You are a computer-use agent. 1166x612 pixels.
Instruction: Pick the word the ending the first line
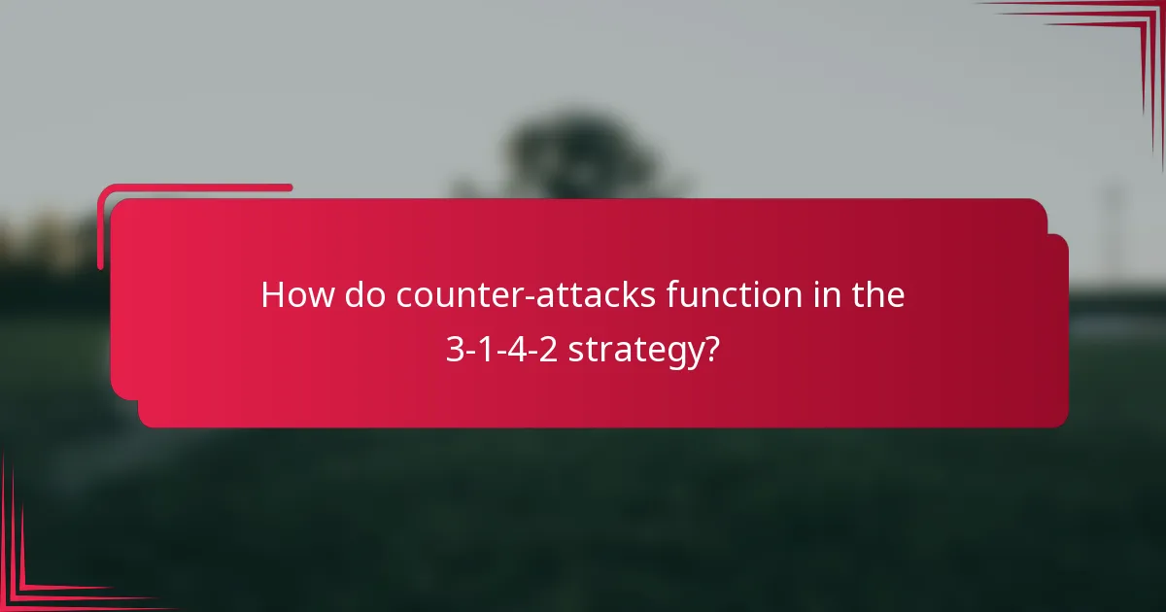tap(877, 295)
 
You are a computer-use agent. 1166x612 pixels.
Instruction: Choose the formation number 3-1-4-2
tap(501, 350)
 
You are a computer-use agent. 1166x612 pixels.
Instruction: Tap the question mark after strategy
tap(712, 350)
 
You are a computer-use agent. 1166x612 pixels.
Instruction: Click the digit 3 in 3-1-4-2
tap(454, 350)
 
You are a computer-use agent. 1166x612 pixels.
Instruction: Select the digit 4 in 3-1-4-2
tap(518, 350)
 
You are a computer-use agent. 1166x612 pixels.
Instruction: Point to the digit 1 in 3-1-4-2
tap(486, 350)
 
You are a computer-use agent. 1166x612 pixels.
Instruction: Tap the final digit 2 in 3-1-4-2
tap(550, 350)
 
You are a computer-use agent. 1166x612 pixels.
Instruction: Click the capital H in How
tap(274, 295)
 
